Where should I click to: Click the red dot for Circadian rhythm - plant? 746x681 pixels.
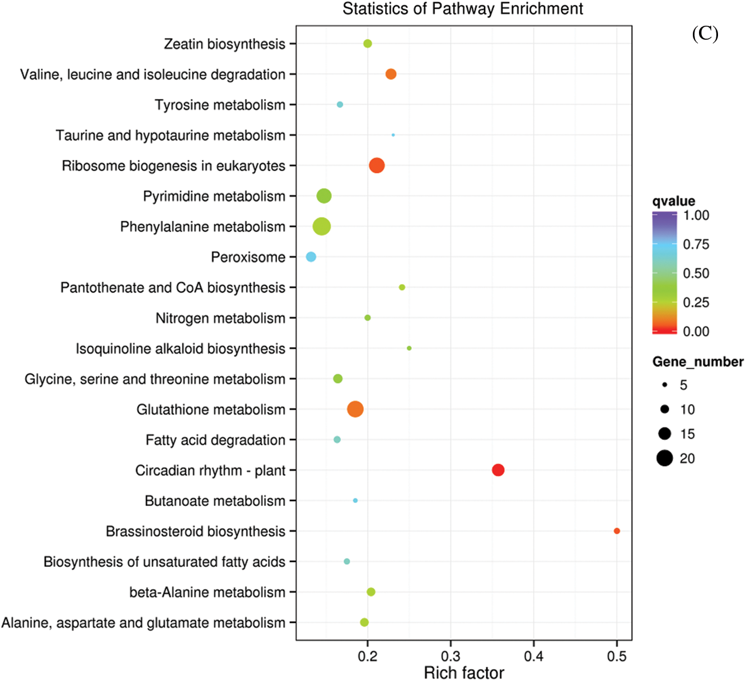(498, 470)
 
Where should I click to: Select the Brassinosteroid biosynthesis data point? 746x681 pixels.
(617, 531)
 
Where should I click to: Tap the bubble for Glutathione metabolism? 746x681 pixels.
(355, 409)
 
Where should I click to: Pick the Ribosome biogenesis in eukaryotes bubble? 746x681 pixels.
(377, 165)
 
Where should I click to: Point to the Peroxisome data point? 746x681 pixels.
(311, 257)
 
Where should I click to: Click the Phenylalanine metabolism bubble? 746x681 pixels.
(322, 226)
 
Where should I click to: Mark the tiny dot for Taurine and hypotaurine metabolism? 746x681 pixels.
(393, 135)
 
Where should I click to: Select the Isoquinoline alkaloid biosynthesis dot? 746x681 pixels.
(409, 348)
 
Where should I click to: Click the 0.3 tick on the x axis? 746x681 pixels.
(451, 656)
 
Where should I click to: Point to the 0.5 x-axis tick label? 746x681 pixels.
(617, 656)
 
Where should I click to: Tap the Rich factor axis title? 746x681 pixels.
(464, 673)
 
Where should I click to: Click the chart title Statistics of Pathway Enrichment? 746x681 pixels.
(463, 9)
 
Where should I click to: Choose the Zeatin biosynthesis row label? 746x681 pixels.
(224, 44)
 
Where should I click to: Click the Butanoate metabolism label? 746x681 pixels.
(215, 501)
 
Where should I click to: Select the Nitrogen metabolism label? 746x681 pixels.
(220, 318)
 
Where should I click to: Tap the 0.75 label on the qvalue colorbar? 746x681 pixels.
(696, 244)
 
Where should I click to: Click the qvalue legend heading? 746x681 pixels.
(674, 201)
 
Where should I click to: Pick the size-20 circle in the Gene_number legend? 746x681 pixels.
(664, 458)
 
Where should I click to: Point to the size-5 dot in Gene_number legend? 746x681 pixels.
(664, 385)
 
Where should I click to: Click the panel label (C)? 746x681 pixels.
(705, 34)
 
